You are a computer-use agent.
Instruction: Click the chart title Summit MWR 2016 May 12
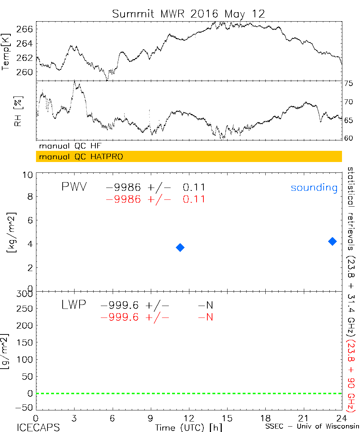[188, 14]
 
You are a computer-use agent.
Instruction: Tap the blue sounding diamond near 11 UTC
[180, 247]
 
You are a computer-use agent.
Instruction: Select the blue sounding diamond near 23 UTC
[332, 241]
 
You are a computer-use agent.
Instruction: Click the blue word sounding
[314, 188]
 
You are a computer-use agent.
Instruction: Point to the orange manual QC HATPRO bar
[189, 157]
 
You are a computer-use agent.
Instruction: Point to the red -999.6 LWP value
[120, 318]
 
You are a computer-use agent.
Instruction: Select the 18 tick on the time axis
[266, 418]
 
